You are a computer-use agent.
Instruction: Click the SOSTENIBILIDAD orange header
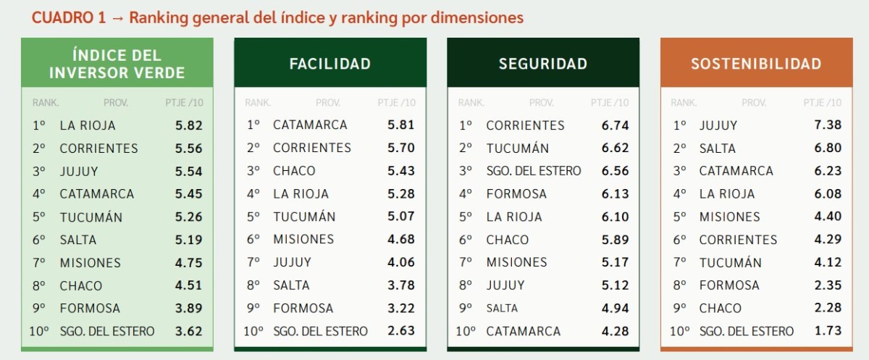click(x=756, y=64)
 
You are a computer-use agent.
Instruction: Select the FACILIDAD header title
click(x=329, y=64)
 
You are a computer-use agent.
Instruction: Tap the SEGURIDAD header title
click(x=542, y=64)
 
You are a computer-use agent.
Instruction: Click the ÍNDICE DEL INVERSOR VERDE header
click(x=117, y=64)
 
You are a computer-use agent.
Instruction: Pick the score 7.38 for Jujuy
click(x=828, y=125)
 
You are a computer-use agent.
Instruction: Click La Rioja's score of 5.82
click(x=189, y=125)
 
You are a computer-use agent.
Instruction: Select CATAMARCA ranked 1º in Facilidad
click(x=310, y=125)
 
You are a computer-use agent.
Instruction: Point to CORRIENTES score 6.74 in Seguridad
click(x=615, y=125)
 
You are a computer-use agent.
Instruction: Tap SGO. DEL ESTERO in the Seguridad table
click(x=534, y=171)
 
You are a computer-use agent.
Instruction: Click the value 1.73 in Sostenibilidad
click(x=828, y=331)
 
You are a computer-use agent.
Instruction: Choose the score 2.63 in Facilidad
click(x=401, y=331)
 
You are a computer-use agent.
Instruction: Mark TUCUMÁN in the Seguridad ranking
click(x=517, y=148)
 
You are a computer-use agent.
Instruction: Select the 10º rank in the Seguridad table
click(x=466, y=331)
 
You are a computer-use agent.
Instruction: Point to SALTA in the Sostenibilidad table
click(x=717, y=148)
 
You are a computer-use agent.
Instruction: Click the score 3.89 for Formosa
click(x=189, y=309)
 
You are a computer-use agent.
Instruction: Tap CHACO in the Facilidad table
click(x=294, y=171)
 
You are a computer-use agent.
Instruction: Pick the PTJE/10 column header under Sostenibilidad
click(x=823, y=103)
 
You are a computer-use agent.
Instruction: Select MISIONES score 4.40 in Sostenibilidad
click(x=828, y=217)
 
